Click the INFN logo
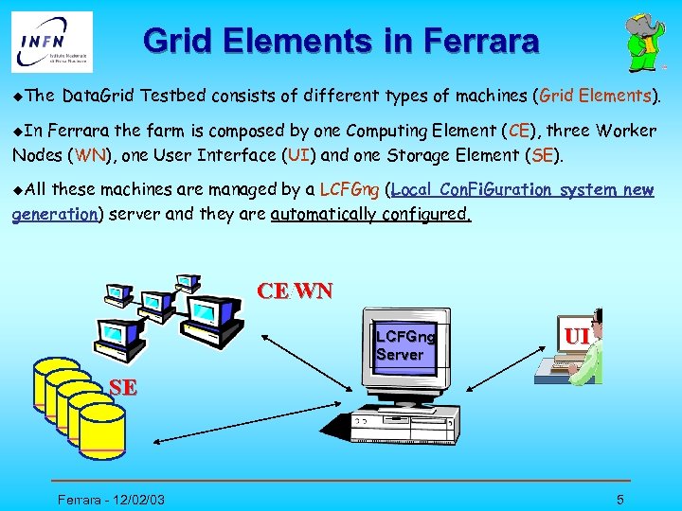click(x=52, y=42)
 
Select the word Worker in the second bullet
click(x=627, y=131)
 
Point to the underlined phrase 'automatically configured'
click(x=370, y=214)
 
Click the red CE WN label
click(x=295, y=291)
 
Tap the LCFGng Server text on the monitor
click(x=404, y=345)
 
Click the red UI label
click(x=578, y=336)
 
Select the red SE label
click(x=122, y=386)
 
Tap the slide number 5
click(x=619, y=499)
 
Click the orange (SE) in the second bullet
click(x=544, y=154)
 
